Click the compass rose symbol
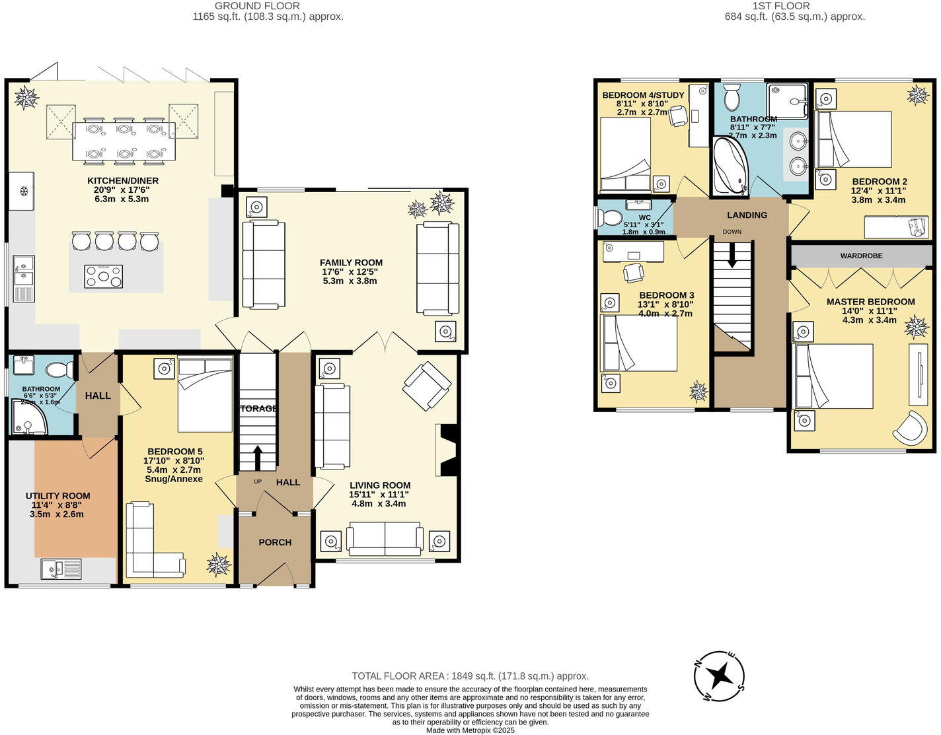[720, 676]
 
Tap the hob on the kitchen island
[104, 276]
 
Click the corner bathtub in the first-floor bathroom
[730, 168]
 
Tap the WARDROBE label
[861, 256]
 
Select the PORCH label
[275, 542]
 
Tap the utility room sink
[60, 569]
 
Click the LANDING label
[747, 215]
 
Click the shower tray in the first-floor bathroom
[787, 101]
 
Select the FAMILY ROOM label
[351, 263]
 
